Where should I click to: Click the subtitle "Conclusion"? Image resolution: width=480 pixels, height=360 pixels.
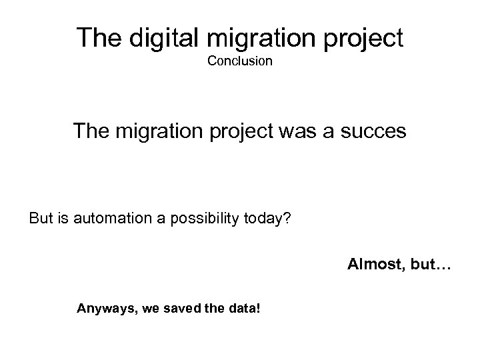239,61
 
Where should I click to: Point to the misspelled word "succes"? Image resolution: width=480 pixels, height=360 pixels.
373,131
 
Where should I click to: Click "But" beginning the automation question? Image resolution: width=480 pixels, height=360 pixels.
41,219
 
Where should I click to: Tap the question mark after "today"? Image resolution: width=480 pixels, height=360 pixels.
287,219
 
